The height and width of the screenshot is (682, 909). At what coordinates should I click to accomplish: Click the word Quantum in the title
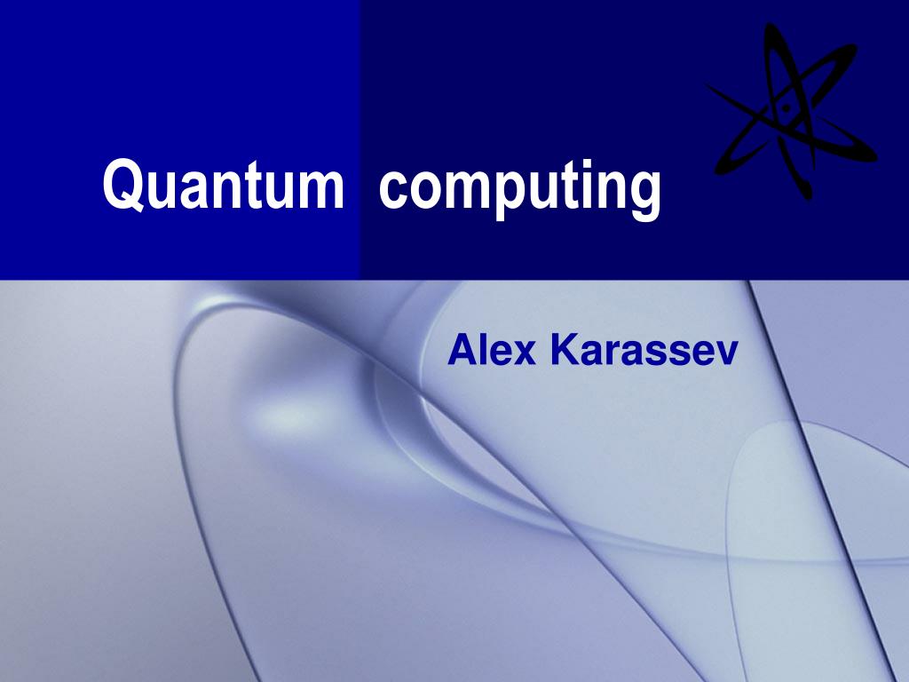[223, 185]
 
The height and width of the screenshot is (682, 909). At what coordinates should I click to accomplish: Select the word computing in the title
[520, 188]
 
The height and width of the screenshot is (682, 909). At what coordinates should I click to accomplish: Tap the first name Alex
[492, 351]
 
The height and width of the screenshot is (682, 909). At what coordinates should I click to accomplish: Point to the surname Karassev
[644, 351]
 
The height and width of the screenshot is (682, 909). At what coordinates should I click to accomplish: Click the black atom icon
[789, 110]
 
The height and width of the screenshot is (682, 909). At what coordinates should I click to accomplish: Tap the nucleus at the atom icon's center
[786, 109]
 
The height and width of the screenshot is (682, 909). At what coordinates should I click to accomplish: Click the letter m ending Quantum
[320, 189]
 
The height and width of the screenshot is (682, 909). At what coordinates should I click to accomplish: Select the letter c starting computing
[391, 189]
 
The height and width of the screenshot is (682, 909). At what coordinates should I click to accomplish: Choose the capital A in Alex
[462, 351]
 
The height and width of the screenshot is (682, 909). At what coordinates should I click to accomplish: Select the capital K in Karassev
[563, 351]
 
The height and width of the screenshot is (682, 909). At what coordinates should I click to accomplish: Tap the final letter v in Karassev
[727, 354]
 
